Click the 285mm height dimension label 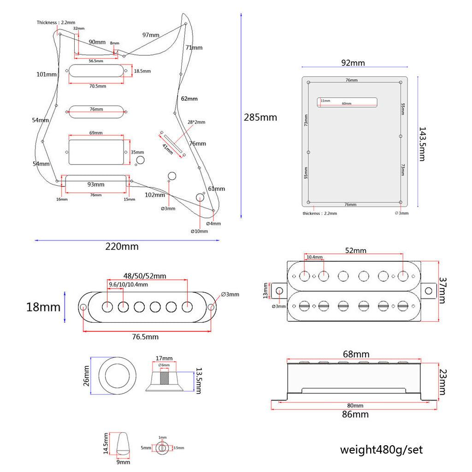pos(260,118)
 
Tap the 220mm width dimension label pos(122,246)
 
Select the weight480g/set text pos(381,449)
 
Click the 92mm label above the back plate pos(353,63)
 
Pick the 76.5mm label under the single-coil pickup pos(145,337)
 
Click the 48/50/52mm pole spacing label pos(145,276)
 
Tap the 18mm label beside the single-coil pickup pos(43,307)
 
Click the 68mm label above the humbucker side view pos(356,354)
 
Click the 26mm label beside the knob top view pos(86,376)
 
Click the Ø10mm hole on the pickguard pos(201,197)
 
